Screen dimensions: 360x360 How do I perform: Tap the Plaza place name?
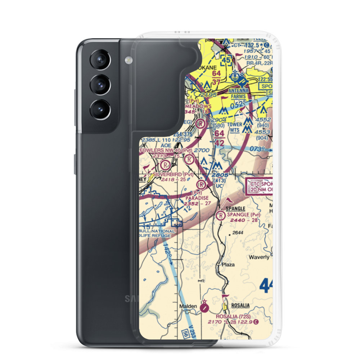(x=228, y=264)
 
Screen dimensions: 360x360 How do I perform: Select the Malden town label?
(x=188, y=306)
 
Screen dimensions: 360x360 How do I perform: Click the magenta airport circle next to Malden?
(x=204, y=307)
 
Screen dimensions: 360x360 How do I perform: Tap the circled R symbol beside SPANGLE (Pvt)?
(x=220, y=216)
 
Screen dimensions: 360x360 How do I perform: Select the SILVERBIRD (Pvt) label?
(x=173, y=174)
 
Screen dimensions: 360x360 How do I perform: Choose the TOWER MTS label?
(x=235, y=127)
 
